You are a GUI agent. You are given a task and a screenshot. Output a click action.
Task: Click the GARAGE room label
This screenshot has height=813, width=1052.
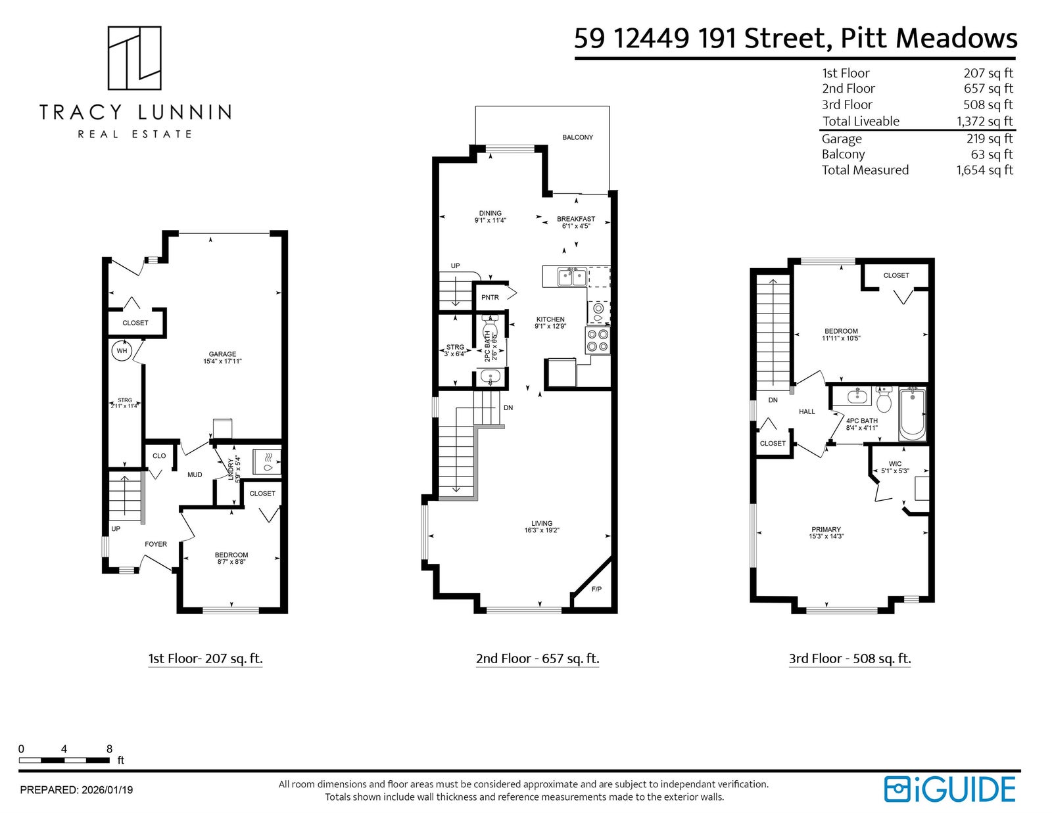tap(222, 354)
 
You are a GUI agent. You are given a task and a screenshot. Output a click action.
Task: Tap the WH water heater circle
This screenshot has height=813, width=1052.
tap(122, 351)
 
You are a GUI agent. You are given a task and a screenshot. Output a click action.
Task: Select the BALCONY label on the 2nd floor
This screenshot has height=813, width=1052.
tap(577, 137)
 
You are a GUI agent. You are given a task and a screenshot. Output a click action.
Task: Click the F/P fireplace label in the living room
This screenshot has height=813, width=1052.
tap(596, 589)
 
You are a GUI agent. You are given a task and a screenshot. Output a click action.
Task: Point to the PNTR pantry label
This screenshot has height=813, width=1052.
tap(490, 297)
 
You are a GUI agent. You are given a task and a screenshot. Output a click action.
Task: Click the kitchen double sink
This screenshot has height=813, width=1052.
tap(572, 277)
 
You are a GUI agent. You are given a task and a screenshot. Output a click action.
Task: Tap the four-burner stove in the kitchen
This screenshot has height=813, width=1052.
tap(598, 340)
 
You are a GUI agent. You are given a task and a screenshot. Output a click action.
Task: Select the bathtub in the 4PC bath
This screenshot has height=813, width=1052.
tap(912, 413)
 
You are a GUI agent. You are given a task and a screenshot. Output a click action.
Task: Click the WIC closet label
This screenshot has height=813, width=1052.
tap(895, 463)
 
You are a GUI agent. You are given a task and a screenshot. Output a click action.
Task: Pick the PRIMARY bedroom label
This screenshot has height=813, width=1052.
tap(826, 530)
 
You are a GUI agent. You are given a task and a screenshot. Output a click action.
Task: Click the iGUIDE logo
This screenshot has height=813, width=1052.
tap(949, 789)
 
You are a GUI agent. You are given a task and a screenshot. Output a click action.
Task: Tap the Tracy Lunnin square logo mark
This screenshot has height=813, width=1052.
tap(134, 58)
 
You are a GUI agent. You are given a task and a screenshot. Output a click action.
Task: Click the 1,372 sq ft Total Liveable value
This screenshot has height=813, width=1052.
tap(984, 121)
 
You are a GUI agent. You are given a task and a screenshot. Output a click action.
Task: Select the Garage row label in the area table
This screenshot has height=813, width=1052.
tap(842, 139)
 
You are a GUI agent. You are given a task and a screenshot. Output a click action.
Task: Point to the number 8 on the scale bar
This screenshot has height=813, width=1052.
tap(109, 749)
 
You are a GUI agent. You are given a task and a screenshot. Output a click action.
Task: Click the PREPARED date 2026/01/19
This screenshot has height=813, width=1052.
tap(107, 790)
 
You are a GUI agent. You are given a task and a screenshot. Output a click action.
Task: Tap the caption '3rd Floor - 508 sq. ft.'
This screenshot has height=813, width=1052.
tap(849, 658)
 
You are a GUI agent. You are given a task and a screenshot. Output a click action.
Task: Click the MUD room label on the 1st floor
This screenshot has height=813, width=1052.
tap(195, 475)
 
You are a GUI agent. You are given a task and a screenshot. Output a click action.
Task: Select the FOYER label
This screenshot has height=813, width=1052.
tap(156, 544)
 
